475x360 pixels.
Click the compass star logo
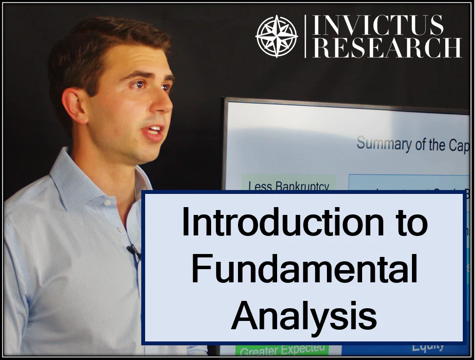coord(277,36)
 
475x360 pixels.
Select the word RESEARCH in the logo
coord(387,48)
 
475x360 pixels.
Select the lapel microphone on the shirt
coord(133,251)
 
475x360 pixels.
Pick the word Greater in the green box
coord(259,351)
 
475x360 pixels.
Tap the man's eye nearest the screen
coord(165,88)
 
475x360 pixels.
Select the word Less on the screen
coord(259,186)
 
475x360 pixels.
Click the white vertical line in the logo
coord(306,36)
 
